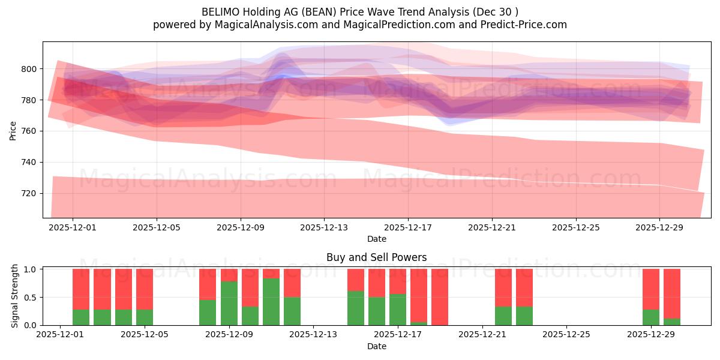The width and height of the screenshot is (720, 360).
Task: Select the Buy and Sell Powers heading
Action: [376, 257]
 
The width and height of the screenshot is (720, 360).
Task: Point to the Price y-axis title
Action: [13, 130]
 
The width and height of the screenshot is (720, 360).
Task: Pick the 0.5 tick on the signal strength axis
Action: [28, 297]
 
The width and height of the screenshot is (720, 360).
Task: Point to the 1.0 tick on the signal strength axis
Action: [28, 269]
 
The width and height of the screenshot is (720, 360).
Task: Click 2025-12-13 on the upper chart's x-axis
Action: [324, 228]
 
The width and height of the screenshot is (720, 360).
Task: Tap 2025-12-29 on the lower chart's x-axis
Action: [651, 335]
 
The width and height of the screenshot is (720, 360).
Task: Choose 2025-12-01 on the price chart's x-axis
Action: [73, 228]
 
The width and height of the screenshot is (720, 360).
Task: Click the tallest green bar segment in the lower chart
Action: [271, 302]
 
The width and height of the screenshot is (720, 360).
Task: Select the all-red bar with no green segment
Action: [440, 297]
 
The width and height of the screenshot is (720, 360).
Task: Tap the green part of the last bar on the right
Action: [672, 322]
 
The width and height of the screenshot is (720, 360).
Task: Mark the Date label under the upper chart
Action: [376, 239]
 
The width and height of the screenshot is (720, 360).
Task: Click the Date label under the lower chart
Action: [376, 346]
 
